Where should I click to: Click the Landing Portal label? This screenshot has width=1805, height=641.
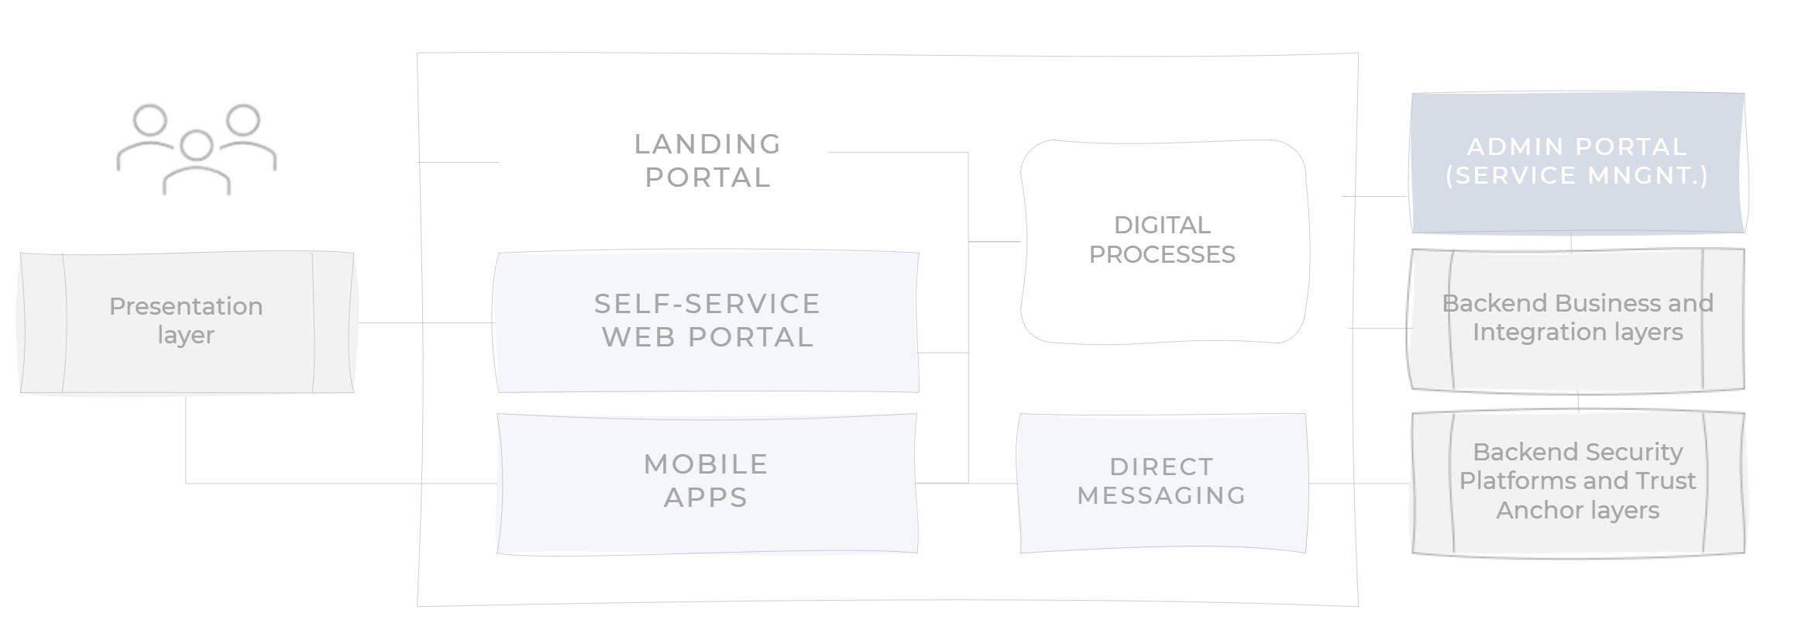[x=707, y=160]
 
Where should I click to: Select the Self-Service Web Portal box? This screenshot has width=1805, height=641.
[x=707, y=321]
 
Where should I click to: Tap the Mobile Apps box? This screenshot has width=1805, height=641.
[x=706, y=482]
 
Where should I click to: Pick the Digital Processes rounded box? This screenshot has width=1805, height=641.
[x=1162, y=240]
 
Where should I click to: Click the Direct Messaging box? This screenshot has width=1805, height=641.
[x=1162, y=482]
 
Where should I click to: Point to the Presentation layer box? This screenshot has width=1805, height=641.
[x=186, y=321]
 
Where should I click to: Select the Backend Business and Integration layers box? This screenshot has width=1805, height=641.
[x=1577, y=318]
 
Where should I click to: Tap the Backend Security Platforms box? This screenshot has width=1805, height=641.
[x=1577, y=482]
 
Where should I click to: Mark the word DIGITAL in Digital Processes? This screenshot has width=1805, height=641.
[x=1161, y=225]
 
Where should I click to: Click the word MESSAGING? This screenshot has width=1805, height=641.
[x=1161, y=495]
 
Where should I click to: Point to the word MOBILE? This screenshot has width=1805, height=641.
[x=706, y=464]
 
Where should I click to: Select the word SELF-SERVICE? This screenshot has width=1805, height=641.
[x=707, y=304]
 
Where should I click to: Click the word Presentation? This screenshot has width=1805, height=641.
[x=186, y=306]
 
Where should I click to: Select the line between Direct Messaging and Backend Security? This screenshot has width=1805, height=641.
[x=1360, y=484]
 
